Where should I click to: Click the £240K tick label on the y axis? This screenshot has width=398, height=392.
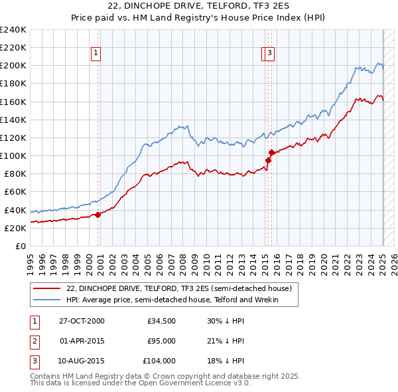[13, 30]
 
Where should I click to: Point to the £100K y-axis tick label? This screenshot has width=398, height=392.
[13, 155]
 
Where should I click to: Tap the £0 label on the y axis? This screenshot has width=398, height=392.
[20, 246]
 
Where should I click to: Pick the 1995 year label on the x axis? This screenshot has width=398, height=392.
[30, 258]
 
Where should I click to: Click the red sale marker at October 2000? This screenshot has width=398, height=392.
[98, 215]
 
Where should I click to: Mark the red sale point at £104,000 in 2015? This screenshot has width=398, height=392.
[271, 153]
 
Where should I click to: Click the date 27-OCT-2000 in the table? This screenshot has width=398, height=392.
[82, 321]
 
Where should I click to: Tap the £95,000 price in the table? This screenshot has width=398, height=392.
[161, 342]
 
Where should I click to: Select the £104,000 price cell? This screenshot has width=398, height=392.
[159, 361]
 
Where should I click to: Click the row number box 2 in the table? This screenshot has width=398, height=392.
[34, 342]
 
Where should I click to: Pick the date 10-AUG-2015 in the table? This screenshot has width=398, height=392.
[82, 361]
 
